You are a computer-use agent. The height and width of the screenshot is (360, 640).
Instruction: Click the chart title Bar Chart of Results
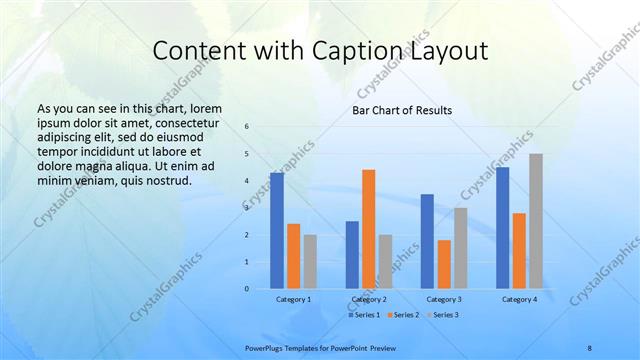[x=401, y=110]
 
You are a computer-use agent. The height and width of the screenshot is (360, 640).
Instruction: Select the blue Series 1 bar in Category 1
[x=277, y=231]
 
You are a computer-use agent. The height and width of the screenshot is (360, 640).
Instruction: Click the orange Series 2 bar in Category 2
[x=368, y=229]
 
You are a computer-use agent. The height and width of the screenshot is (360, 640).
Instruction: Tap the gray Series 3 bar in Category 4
[x=536, y=221]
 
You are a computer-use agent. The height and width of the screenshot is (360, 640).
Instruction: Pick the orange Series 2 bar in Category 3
[x=444, y=264]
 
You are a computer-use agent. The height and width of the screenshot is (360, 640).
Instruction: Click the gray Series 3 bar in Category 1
[x=310, y=262]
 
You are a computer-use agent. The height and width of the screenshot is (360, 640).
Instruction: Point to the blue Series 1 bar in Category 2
[x=352, y=255]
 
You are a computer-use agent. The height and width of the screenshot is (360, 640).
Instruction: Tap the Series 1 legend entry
[x=364, y=315]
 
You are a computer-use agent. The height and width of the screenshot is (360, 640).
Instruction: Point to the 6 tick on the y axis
[x=247, y=127]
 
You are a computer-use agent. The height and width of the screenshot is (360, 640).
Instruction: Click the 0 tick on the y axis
[x=247, y=289]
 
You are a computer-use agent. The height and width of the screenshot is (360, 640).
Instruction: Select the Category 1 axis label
[x=293, y=299]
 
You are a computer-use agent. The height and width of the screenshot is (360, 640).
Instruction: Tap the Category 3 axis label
[x=444, y=299]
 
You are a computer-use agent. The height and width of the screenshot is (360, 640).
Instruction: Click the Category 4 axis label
[x=519, y=299]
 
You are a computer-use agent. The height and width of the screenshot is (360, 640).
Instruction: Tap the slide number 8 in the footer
[x=589, y=348]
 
